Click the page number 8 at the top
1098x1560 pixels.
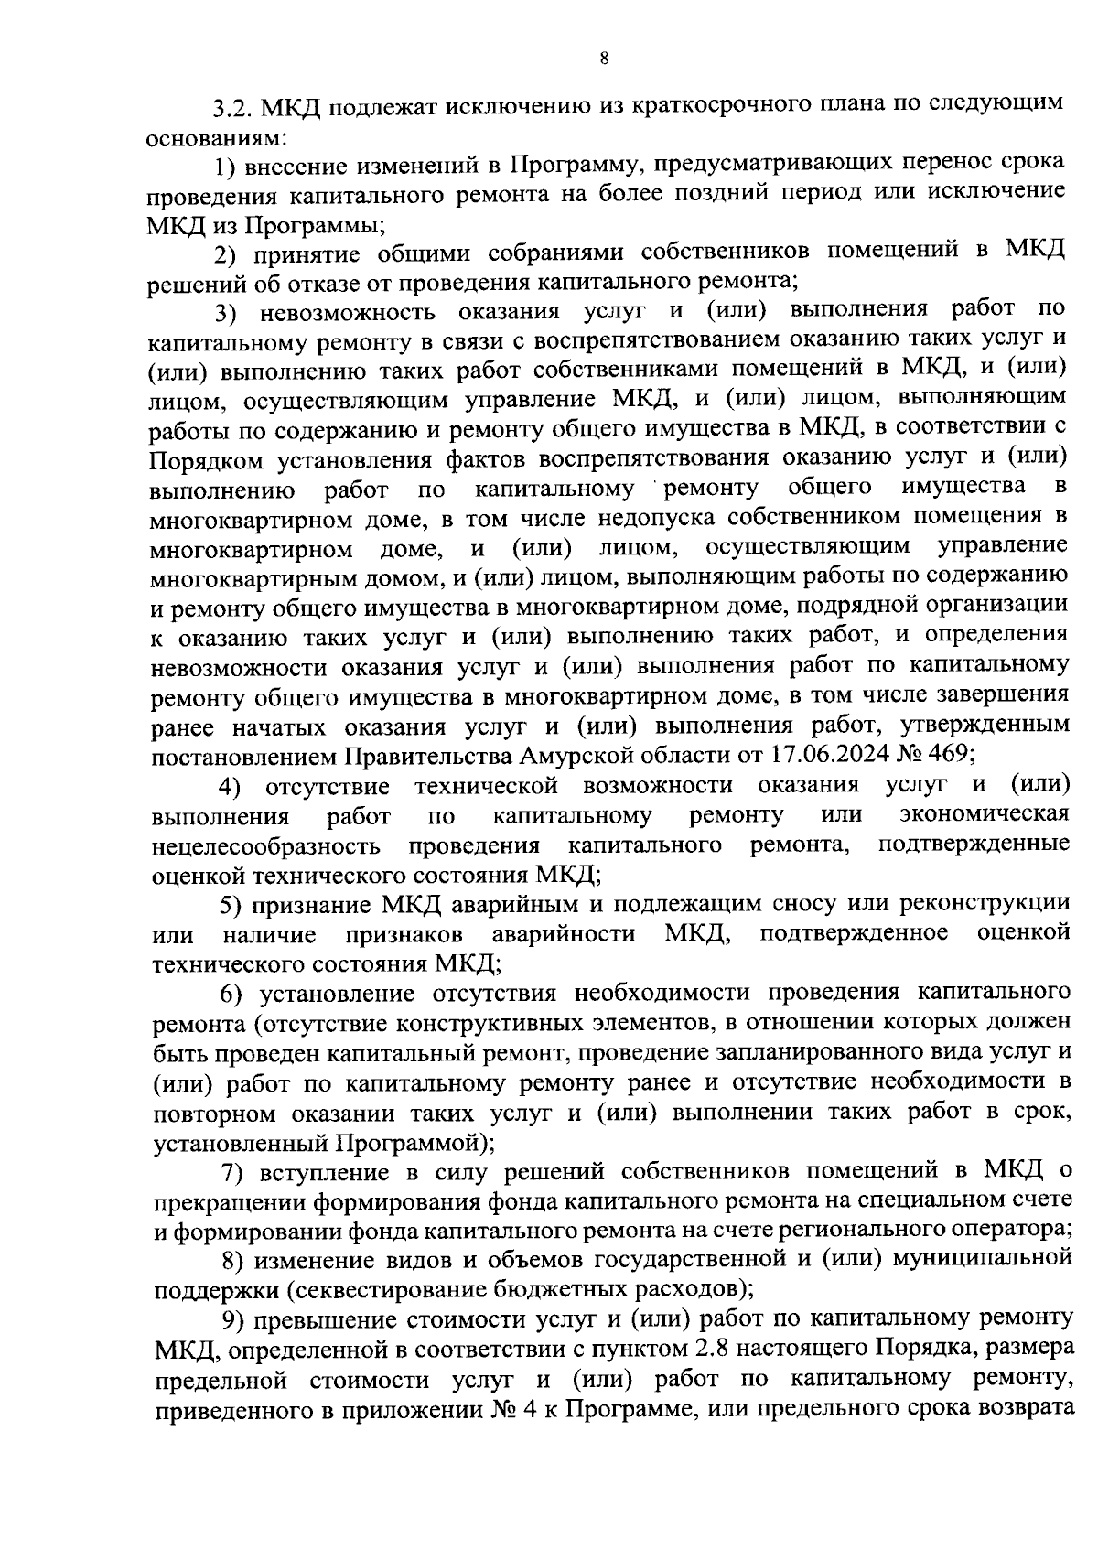[x=604, y=59]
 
